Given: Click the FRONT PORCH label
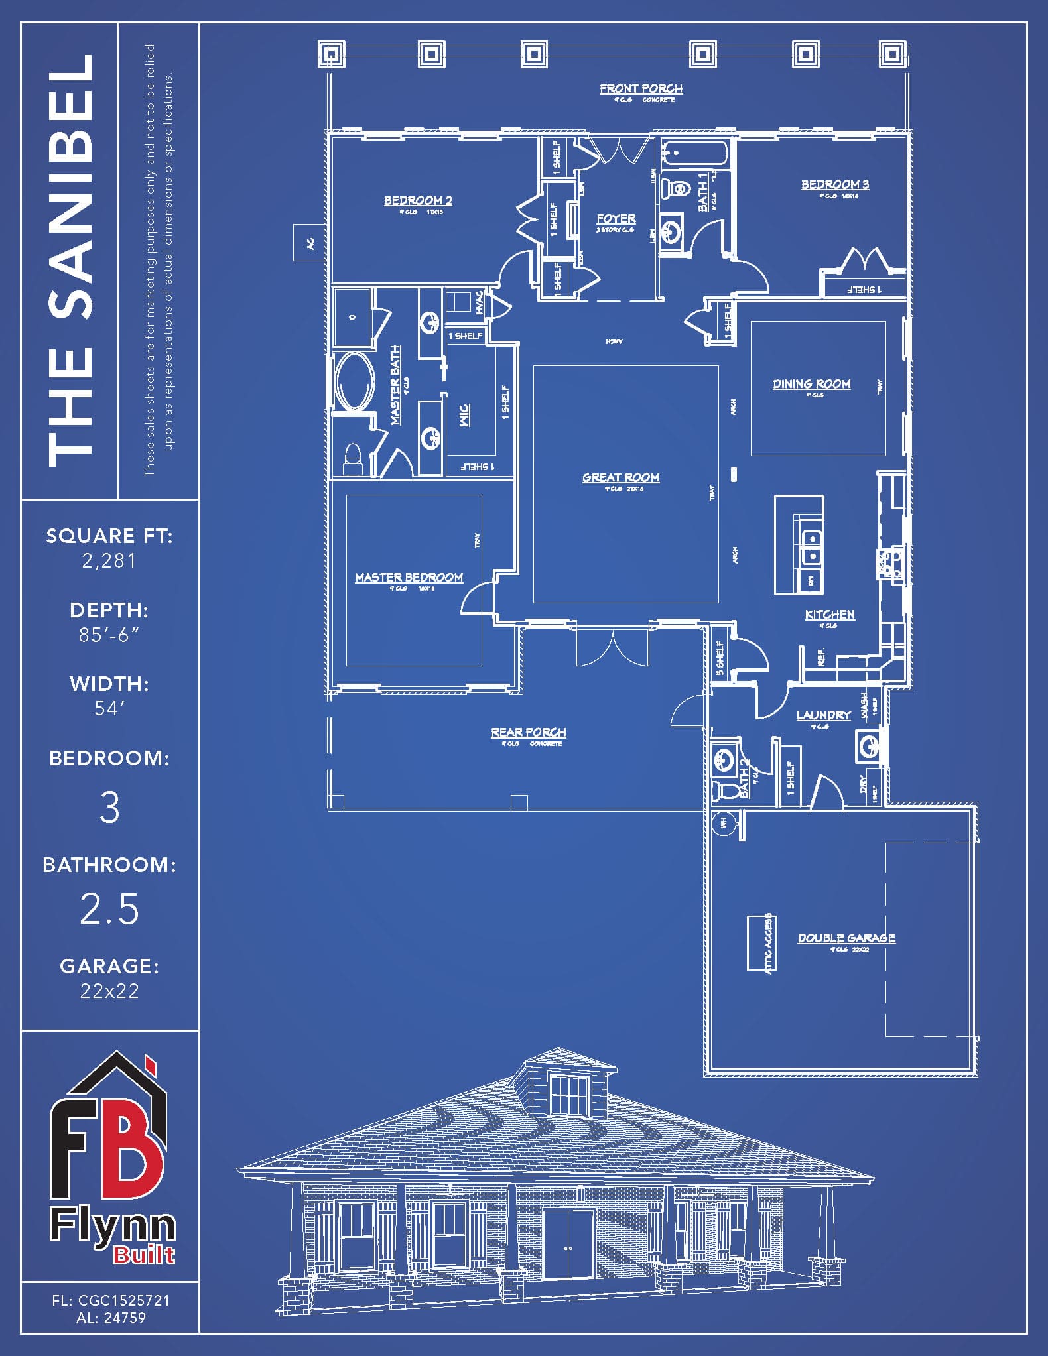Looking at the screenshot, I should [641, 89].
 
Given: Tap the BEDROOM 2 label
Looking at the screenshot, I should [418, 200].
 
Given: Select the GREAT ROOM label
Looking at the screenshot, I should [621, 477].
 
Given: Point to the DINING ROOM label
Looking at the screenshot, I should [811, 384].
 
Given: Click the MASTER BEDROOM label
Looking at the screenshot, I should [409, 578].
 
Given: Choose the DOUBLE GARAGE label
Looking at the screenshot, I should [846, 938].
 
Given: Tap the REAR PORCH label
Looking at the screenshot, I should [529, 733].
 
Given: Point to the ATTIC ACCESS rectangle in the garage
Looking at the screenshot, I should [761, 943].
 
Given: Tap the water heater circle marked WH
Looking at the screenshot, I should [723, 823].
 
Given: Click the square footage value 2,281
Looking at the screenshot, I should [109, 561].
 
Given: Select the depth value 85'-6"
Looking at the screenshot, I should [109, 635].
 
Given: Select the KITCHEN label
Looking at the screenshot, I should [830, 615].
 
